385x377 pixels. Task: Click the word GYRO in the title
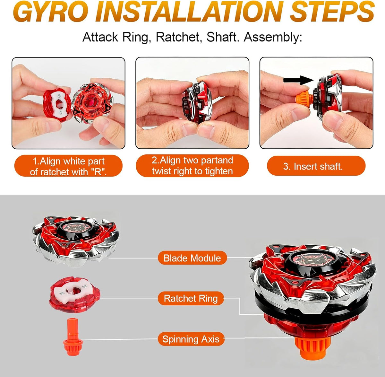point(51,12)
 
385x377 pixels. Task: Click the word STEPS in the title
point(332,12)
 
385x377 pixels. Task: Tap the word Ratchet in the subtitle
point(179,37)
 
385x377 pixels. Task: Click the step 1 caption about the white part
point(68,167)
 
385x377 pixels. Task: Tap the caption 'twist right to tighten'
point(192,171)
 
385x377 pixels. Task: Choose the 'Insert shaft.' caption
point(312,166)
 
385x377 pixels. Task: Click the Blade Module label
point(192,258)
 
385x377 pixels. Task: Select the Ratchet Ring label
point(191,298)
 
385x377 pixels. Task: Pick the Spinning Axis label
point(191,339)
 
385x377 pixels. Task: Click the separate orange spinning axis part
point(73,337)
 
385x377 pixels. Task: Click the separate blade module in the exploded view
point(76,241)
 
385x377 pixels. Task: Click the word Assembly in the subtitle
point(273,37)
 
